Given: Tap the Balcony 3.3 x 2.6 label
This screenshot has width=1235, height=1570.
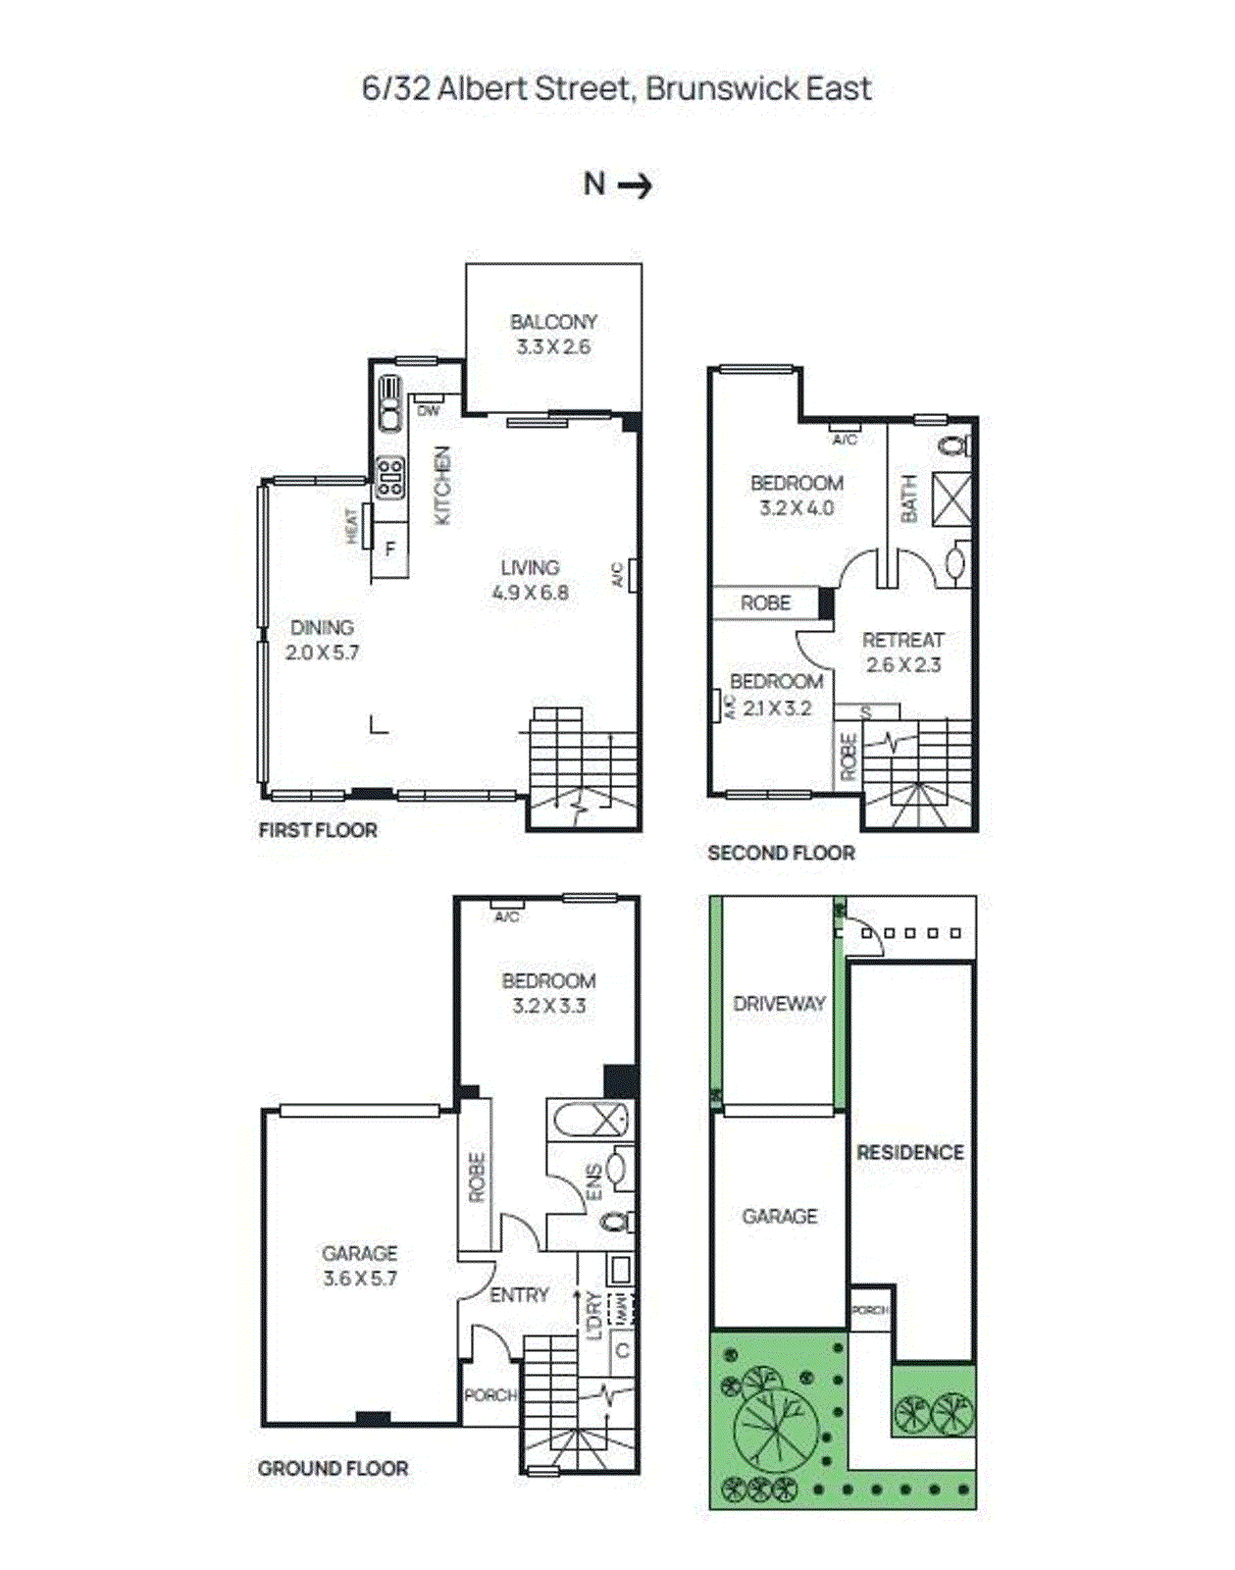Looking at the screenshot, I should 553,334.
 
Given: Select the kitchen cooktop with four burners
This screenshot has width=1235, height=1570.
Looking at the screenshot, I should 390,477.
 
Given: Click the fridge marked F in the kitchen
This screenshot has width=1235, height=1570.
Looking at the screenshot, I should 390,549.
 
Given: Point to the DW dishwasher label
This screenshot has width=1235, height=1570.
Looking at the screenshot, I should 429,410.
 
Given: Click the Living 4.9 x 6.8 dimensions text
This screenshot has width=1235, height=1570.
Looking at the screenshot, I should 530,593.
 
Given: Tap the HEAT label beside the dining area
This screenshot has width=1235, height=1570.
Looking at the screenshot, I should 351,526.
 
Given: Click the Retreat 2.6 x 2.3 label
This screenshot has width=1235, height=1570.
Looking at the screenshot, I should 902,653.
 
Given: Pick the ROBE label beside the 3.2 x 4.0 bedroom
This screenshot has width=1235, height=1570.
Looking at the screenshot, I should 765,602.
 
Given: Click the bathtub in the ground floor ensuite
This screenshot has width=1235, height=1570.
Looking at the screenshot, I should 591,1120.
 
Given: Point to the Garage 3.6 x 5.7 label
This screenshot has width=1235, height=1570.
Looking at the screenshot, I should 360,1266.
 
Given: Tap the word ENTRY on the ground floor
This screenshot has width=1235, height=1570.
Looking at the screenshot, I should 519,1295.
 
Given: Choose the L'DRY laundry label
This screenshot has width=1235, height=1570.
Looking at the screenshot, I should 594,1316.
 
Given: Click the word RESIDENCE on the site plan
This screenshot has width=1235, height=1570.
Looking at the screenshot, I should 910,1152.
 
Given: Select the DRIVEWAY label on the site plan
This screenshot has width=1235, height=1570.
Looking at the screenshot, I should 779,1003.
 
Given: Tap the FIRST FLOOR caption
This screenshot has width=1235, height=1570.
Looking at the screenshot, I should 318,830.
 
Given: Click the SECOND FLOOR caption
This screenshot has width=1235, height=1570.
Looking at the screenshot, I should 781,853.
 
